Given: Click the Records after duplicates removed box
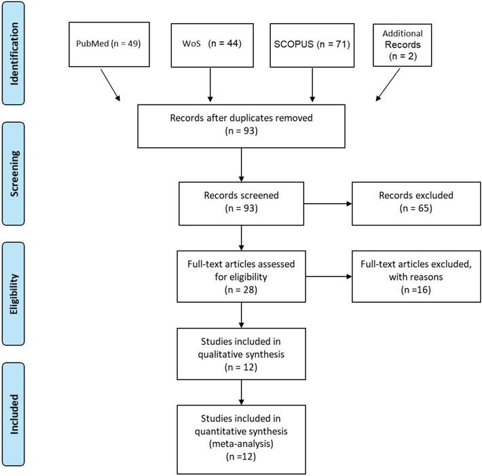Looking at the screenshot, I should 242,126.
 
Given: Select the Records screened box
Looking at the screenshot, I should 242,202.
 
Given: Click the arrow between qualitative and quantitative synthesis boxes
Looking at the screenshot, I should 242,392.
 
